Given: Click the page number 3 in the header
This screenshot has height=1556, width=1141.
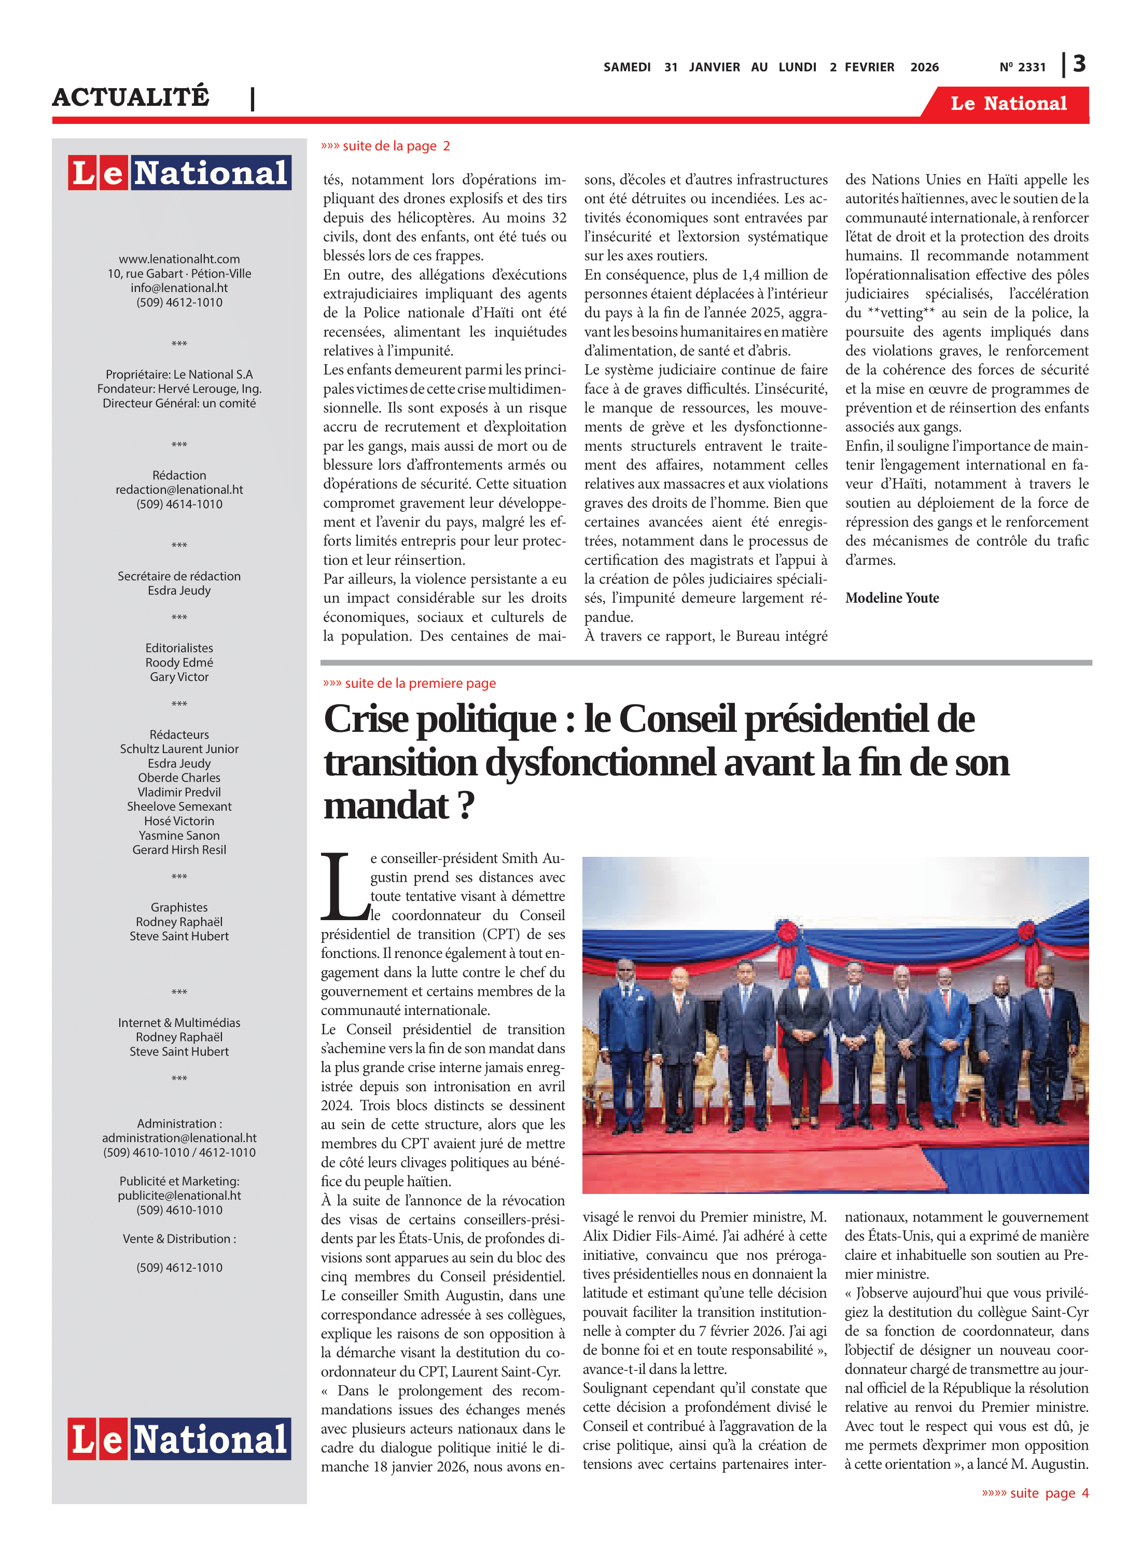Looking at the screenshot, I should pos(1079,64).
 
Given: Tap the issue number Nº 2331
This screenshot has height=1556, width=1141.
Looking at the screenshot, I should pos(1022,67).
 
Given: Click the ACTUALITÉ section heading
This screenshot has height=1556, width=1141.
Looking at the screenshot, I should pos(131,96).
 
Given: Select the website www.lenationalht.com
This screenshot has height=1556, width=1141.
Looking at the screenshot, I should pos(179,259).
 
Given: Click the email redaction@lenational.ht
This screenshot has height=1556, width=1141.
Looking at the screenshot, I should pos(179,490).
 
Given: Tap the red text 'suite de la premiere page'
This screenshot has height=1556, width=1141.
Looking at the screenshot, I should pos(410,683).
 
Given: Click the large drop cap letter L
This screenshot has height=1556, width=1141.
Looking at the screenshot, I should pos(343,887).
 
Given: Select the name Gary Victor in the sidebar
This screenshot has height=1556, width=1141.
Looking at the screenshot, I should pos(179,677).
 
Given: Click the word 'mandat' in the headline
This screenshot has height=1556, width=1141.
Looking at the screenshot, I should pos(387,806).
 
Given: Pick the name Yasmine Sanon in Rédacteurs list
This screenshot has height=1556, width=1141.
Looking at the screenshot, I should pos(179,836).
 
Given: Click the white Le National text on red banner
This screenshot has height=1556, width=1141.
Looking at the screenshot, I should pos(1008,104).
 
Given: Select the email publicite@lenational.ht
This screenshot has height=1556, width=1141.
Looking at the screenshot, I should pos(179,1196).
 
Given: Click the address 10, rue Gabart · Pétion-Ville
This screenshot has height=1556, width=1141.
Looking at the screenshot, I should pos(179,273).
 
